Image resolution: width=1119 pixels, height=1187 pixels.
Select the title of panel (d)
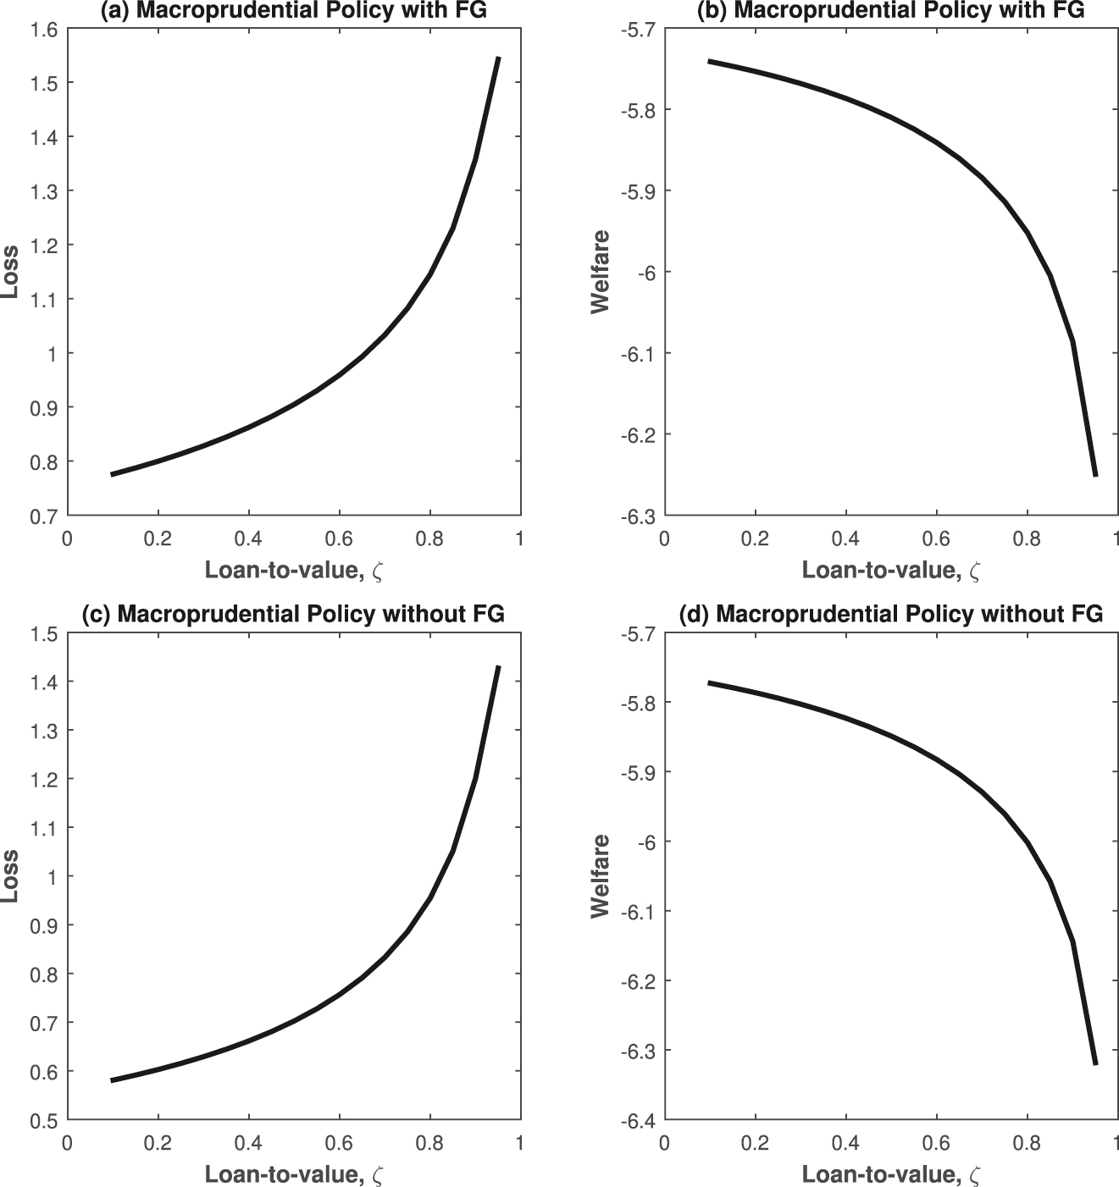891,614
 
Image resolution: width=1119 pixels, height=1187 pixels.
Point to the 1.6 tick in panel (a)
45,30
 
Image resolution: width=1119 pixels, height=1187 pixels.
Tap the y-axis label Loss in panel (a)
11,272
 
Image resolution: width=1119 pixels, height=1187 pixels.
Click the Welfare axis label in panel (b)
600,272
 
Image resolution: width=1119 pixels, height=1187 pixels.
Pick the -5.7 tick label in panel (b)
637,30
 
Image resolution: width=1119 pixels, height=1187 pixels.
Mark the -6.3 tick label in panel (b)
637,516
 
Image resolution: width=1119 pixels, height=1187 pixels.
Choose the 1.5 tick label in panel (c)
45,633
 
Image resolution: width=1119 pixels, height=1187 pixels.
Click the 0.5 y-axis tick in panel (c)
45,1120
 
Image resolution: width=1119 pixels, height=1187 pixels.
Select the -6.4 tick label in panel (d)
637,1120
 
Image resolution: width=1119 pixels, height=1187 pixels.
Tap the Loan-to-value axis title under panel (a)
293,571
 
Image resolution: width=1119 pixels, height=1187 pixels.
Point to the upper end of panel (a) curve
498,58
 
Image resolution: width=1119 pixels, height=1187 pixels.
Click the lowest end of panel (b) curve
1095,475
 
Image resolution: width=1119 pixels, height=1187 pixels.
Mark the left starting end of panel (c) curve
112,1080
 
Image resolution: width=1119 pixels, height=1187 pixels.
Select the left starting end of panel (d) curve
710,682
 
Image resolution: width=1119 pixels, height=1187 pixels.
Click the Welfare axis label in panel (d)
600,876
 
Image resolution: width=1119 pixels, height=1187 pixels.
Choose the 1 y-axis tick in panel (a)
51,354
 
